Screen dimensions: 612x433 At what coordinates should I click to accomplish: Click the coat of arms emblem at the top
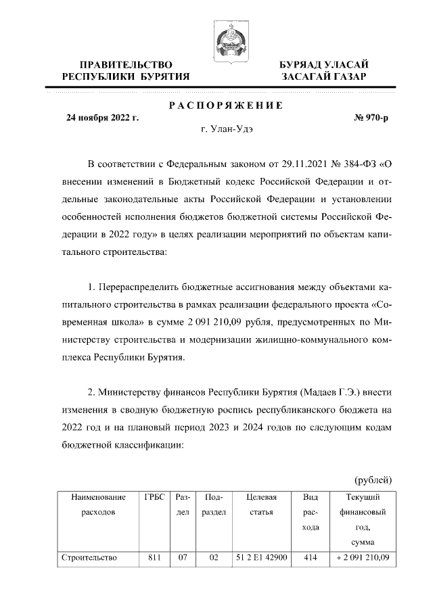pos(228,38)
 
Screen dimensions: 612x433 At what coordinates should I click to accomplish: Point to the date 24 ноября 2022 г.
pos(102,118)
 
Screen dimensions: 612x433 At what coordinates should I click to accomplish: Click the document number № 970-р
pos(371,118)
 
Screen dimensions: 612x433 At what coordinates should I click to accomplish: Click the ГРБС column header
pos(155,497)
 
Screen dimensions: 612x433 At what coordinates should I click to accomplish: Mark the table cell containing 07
pos(182,558)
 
